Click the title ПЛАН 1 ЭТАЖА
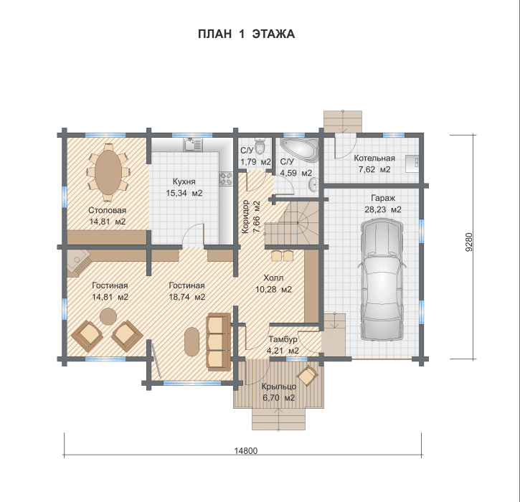(246, 34)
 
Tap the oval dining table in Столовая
(108, 172)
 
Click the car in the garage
(382, 279)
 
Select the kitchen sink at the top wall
(193, 145)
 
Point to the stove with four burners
(226, 179)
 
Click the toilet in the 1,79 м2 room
(261, 147)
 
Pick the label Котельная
(374, 158)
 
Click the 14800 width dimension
(246, 450)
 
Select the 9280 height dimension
(468, 242)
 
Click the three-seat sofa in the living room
(219, 341)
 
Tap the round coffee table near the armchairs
(108, 316)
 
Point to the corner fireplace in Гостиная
(78, 262)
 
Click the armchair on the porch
(308, 376)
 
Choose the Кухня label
(184, 181)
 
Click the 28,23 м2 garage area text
(383, 209)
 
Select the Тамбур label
(283, 339)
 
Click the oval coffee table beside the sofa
(192, 342)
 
